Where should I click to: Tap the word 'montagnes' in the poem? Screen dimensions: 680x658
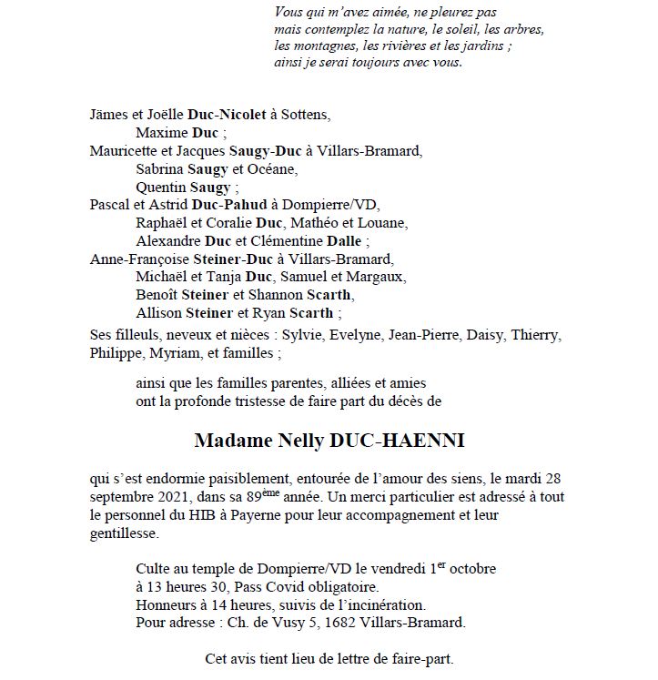click(321, 46)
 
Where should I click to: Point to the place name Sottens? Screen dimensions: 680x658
click(303, 116)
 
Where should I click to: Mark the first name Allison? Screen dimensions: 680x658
click(158, 313)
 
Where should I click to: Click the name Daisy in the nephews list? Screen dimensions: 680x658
click(486, 335)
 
